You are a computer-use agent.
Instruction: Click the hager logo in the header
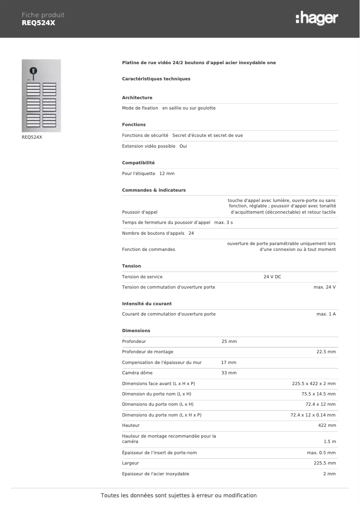tap(317, 18)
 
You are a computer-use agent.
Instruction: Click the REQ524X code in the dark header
tap(38, 23)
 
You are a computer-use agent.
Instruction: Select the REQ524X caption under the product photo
tap(32, 137)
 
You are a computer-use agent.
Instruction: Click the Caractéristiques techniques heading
tap(156, 79)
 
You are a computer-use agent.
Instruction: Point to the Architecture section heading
tap(137, 98)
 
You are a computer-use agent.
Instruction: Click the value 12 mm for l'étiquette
tap(167, 174)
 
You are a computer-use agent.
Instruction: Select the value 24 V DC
tap(272, 277)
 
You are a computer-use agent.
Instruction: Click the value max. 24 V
tap(324, 287)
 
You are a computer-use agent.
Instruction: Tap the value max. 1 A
tap(326, 314)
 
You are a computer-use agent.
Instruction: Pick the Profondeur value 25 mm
tap(229, 342)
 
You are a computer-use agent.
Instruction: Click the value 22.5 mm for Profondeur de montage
tap(326, 352)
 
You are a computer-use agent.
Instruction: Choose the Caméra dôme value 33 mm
tap(229, 373)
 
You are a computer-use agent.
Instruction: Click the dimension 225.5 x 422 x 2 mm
tap(314, 384)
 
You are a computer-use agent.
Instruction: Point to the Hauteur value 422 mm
tap(327, 426)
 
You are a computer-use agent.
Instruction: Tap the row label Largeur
tap(130, 463)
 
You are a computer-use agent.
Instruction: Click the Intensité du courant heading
tap(147, 304)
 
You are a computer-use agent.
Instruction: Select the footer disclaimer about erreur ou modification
tap(179, 496)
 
